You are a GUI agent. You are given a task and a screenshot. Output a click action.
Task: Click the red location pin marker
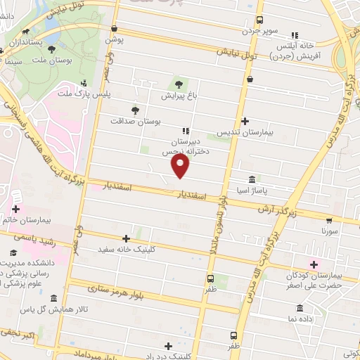point(181,167)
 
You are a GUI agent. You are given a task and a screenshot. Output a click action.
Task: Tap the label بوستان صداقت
point(136,121)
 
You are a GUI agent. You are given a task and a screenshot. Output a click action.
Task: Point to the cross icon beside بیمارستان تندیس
point(245,120)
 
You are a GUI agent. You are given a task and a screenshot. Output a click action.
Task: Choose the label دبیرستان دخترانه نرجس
point(179,147)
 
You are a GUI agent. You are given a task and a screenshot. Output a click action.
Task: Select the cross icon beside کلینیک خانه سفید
point(126,239)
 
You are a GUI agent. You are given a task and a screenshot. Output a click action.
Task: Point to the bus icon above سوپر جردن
point(260,20)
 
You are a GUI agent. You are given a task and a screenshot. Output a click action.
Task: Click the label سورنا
point(330,231)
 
